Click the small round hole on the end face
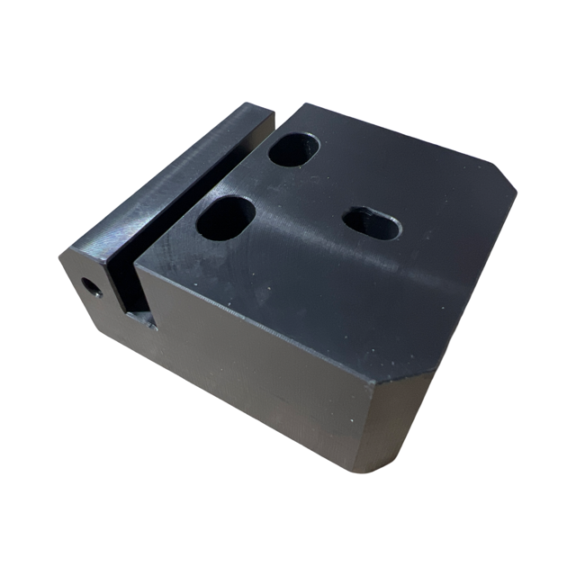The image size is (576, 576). coord(91,287)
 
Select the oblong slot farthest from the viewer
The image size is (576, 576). coord(293,149)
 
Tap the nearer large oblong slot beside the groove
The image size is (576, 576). coord(226,218)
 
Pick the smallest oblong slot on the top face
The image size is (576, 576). coord(373,222)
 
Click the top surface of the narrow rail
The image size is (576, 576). coord(180,175)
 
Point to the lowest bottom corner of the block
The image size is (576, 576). coord(360,471)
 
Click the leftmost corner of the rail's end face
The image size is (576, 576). coord(60,257)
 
